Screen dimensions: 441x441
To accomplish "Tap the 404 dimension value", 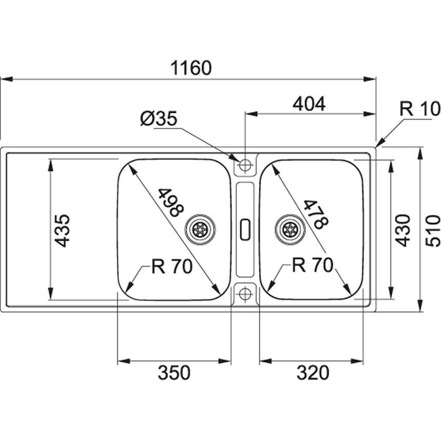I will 309,104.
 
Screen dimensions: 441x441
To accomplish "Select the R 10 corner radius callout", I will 419,109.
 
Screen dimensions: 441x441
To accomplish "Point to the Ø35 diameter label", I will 158,119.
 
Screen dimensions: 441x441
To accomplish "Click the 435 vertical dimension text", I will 63,230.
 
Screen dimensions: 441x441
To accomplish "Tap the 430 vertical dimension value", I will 404,230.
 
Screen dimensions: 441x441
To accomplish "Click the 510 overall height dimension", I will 433,230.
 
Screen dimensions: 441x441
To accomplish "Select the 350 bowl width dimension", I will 174,373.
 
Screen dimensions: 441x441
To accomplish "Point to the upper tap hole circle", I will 245,165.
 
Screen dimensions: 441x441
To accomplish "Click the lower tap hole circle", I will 245,294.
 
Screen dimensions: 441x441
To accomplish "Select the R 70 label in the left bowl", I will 172,266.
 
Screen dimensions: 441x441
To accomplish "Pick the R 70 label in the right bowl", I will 313,265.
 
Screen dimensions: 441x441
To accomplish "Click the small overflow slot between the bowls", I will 245,228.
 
